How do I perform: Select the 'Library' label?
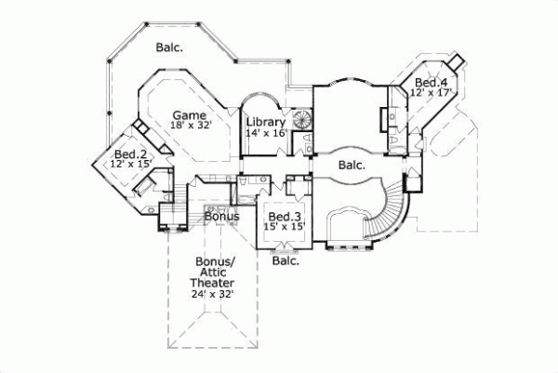(x=265, y=122)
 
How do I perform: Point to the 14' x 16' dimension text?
(x=265, y=134)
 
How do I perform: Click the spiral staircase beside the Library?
(x=302, y=122)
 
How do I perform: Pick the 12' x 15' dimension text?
(x=130, y=164)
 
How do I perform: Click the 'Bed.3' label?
(x=284, y=217)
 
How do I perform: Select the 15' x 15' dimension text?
(x=285, y=228)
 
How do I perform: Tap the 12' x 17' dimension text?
(x=431, y=94)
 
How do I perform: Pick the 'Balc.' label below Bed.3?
(x=286, y=261)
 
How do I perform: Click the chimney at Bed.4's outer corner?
(x=455, y=60)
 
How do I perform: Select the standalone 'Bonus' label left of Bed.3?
(x=222, y=217)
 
